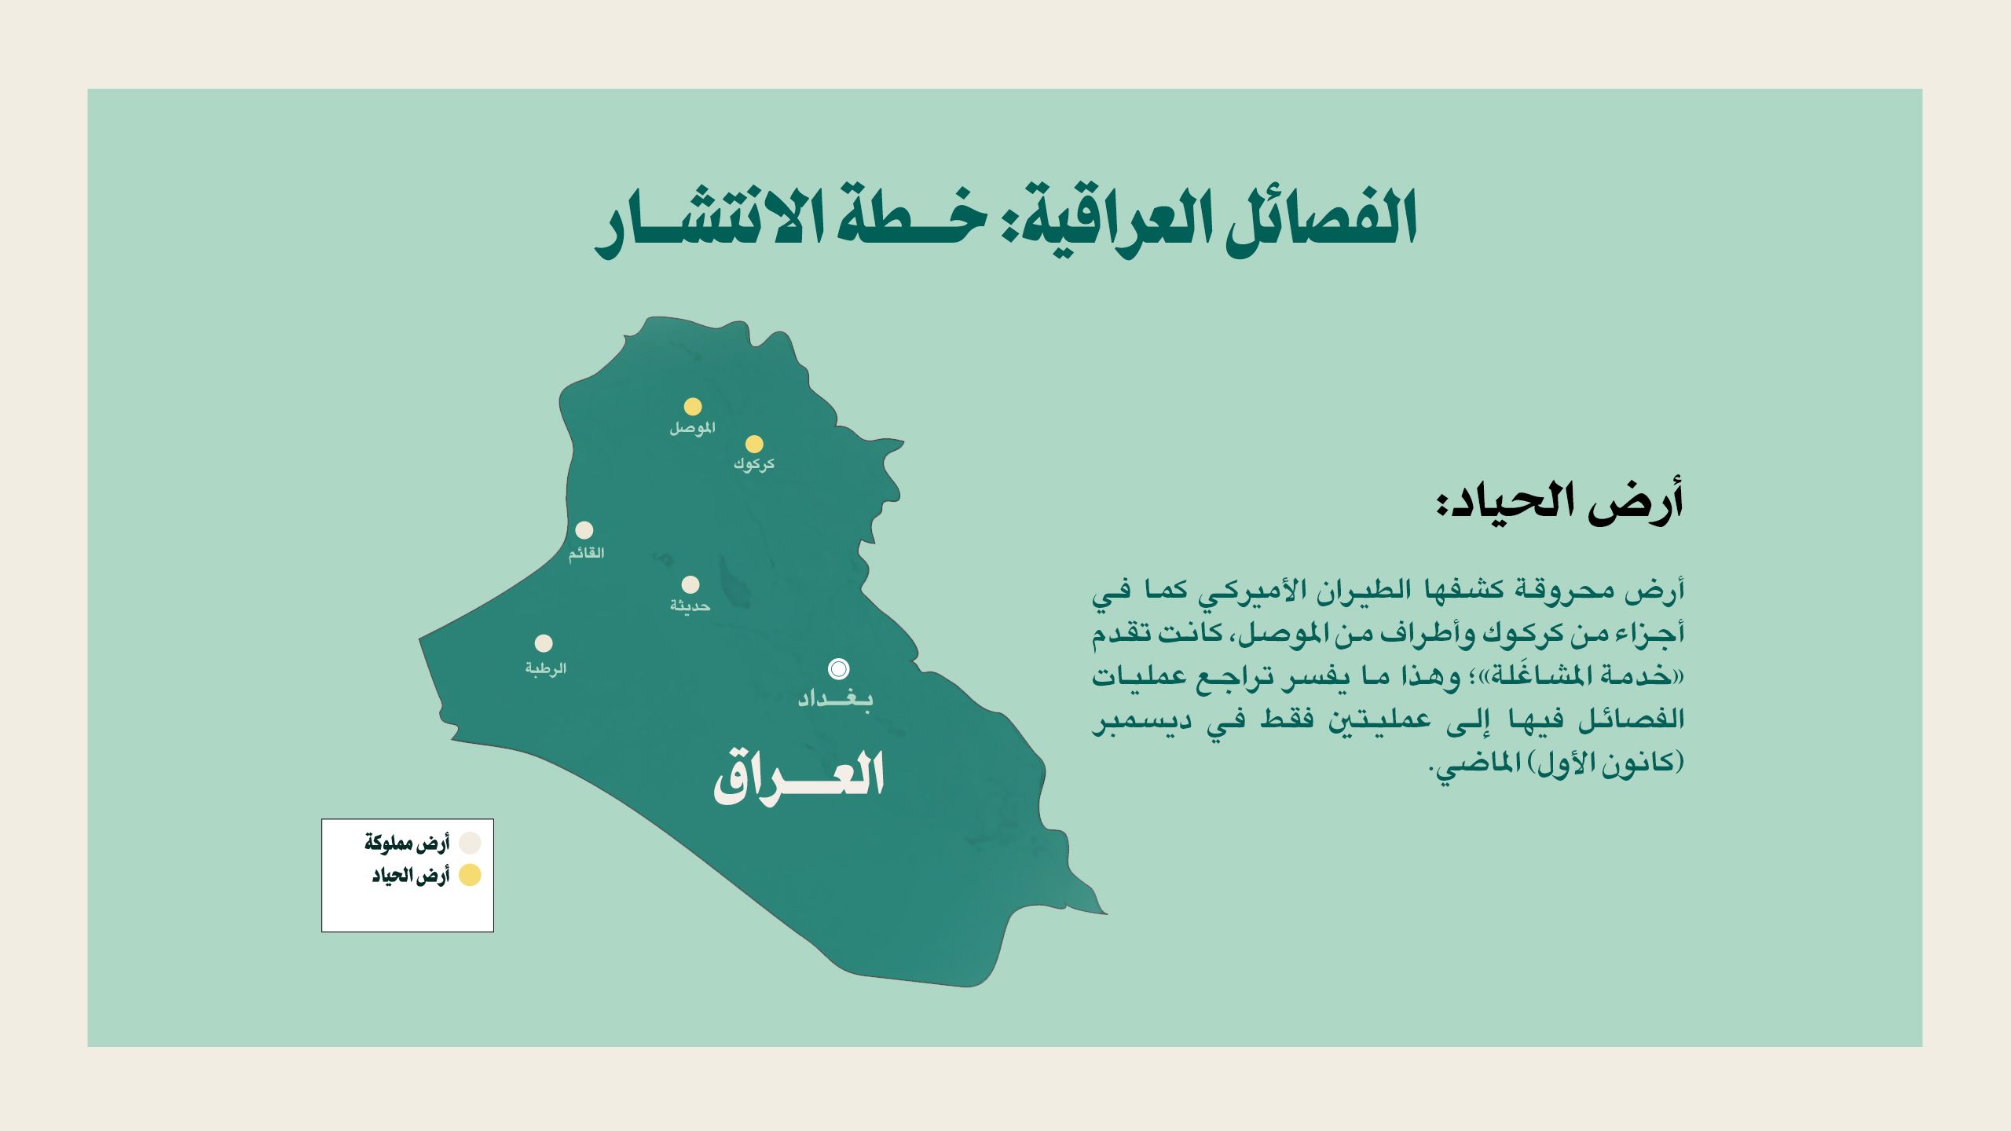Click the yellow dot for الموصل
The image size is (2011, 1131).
tap(692, 406)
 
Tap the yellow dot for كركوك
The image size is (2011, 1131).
tap(754, 444)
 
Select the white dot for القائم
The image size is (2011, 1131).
tap(584, 530)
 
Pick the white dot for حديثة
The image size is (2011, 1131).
tap(690, 584)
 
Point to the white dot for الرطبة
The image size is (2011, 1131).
tap(544, 643)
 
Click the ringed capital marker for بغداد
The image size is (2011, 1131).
tap(839, 668)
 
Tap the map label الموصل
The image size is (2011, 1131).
tap(692, 428)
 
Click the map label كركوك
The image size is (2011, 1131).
tap(754, 464)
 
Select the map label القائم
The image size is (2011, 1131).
tap(586, 553)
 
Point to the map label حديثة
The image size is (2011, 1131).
tap(690, 606)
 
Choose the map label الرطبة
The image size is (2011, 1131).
tap(545, 668)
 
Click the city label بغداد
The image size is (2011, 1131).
tap(835, 698)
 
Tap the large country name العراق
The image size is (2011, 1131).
tap(799, 777)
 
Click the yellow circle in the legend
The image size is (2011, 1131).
tap(470, 875)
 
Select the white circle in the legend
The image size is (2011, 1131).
tap(470, 844)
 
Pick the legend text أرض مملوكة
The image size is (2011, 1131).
tap(406, 844)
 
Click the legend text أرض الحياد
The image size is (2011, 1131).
tap(410, 876)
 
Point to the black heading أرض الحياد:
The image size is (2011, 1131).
tap(1560, 502)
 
